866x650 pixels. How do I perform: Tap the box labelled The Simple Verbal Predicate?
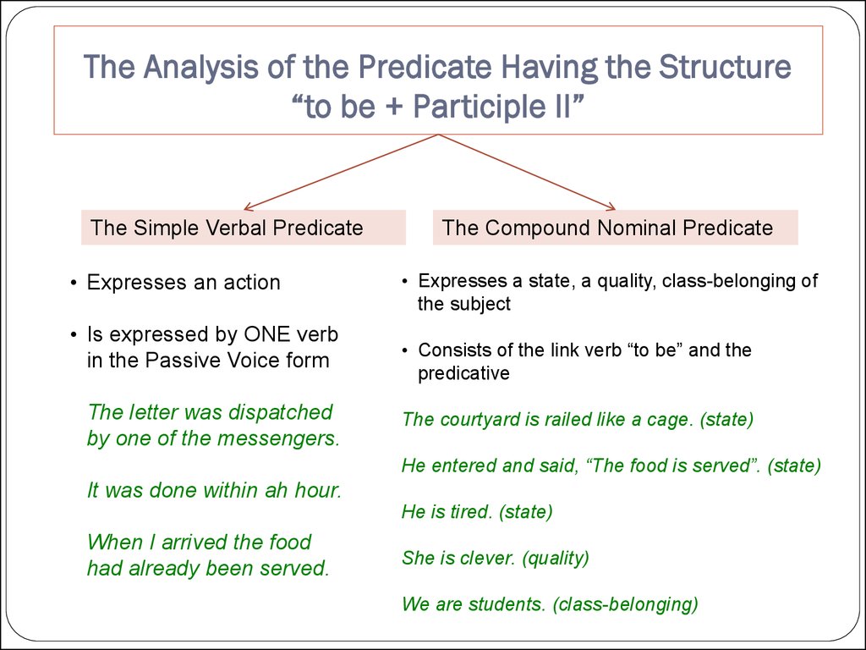[243, 228]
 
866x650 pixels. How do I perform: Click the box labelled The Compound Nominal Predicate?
[615, 228]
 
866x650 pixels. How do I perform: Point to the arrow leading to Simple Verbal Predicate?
[338, 173]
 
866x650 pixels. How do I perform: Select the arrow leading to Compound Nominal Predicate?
[529, 173]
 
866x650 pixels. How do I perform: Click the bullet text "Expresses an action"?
[184, 283]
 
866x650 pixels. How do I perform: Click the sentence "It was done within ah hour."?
[214, 490]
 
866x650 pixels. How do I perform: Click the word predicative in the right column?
[463, 373]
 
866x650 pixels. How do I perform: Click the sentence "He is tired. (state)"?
[477, 511]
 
